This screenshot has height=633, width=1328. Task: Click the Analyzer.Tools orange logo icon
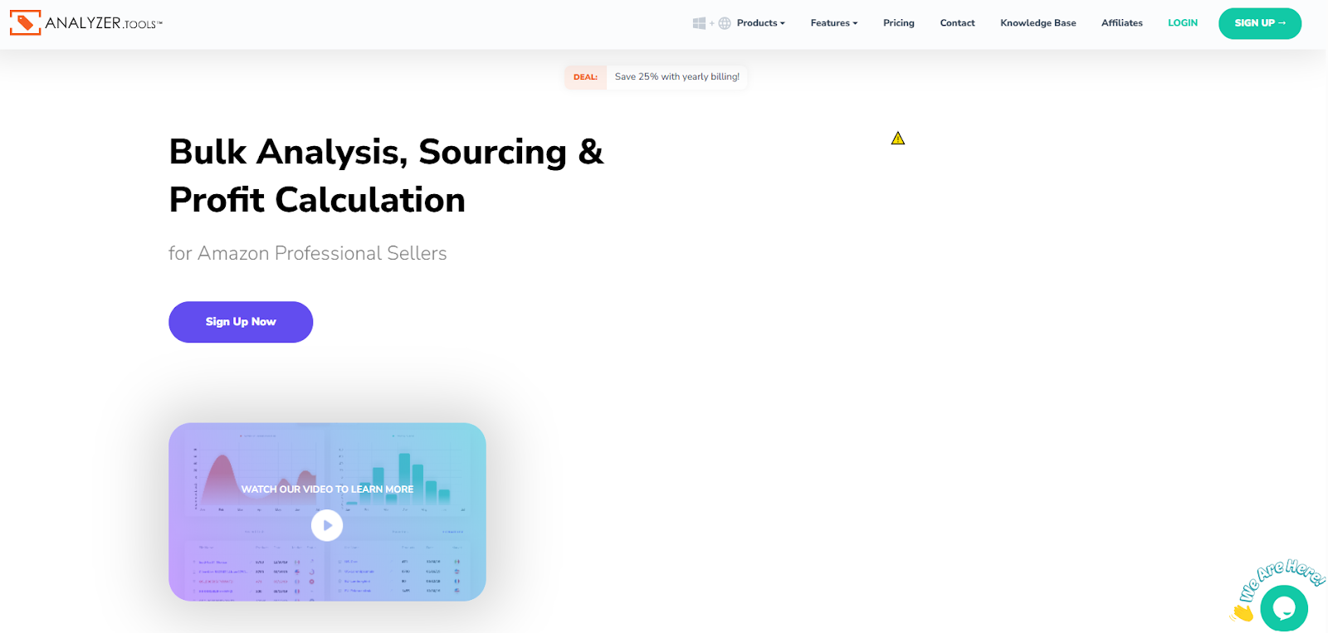pyautogui.click(x=25, y=22)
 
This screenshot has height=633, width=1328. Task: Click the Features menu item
pyautogui.click(x=833, y=23)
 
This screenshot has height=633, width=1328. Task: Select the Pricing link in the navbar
pyautogui.click(x=898, y=23)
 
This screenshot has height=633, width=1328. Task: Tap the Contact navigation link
pyautogui.click(x=957, y=23)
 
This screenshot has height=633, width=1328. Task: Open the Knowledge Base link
pyautogui.click(x=1037, y=23)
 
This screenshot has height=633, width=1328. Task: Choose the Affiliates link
pyautogui.click(x=1121, y=23)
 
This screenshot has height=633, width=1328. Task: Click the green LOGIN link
pyautogui.click(x=1182, y=23)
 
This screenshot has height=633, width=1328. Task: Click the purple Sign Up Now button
pyautogui.click(x=241, y=322)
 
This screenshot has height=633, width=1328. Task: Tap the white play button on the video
pyautogui.click(x=327, y=525)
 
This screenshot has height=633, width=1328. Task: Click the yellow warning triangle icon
pyautogui.click(x=898, y=139)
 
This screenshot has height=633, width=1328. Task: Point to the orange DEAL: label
pyautogui.click(x=585, y=77)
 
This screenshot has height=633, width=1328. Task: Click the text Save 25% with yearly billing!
pyautogui.click(x=676, y=77)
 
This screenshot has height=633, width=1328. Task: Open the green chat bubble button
pyautogui.click(x=1283, y=609)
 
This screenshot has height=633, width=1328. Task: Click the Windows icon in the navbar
pyautogui.click(x=699, y=23)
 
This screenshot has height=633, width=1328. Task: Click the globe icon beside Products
pyautogui.click(x=725, y=23)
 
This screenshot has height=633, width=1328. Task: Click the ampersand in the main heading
pyautogui.click(x=591, y=153)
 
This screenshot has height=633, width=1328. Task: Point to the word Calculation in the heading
pyautogui.click(x=370, y=201)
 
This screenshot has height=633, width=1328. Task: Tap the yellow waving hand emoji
pyautogui.click(x=1243, y=613)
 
